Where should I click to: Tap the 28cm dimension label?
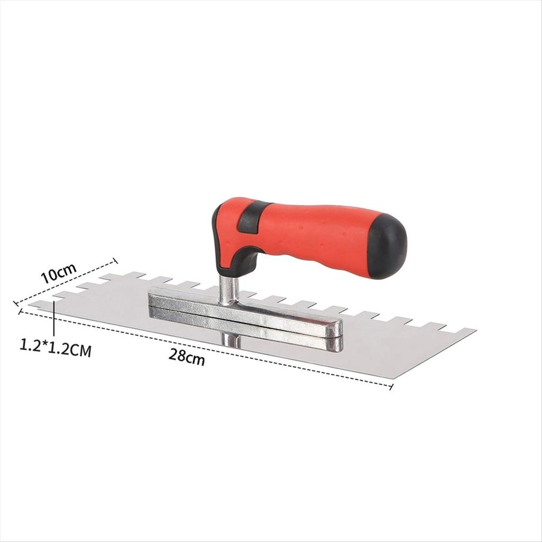187,356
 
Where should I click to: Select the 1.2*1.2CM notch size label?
56,348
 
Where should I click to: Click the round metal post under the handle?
229,291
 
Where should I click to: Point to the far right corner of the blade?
476,330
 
